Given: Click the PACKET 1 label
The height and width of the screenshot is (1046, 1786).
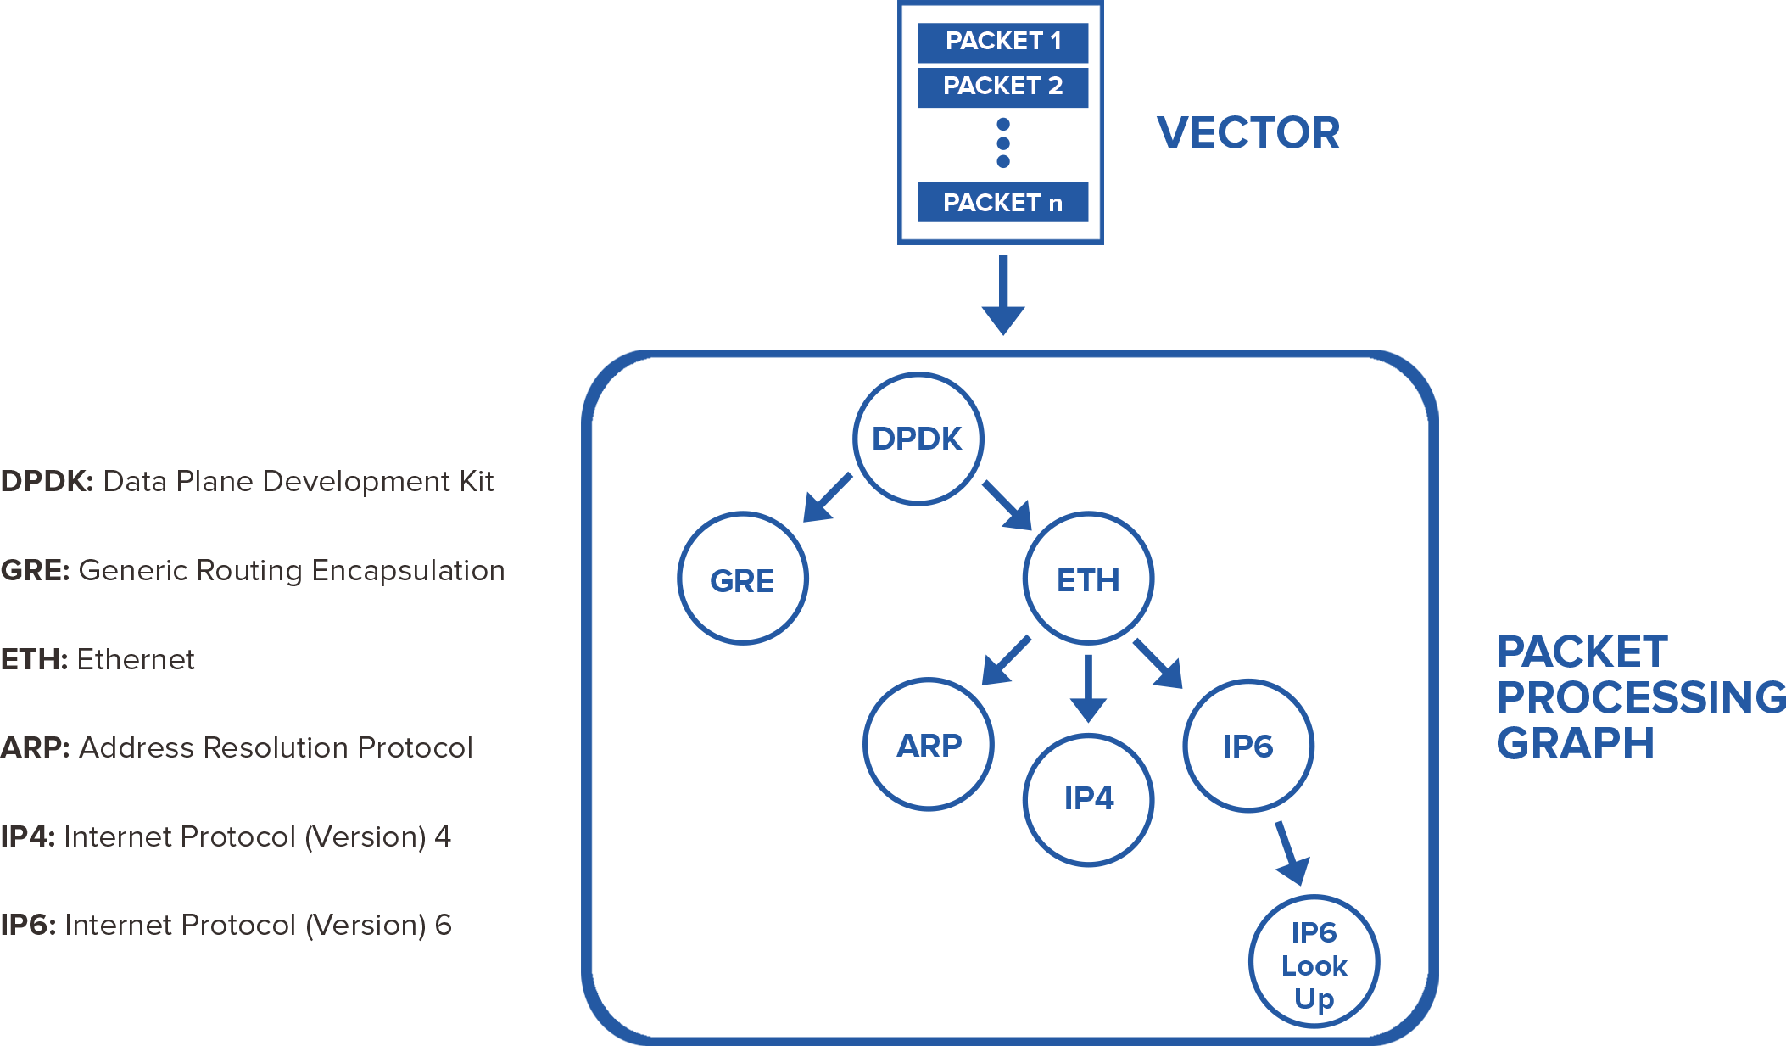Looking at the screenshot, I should (x=1003, y=41).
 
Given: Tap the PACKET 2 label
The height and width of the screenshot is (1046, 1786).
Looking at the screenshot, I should (x=1002, y=86).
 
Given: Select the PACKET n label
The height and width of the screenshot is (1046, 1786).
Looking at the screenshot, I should (x=1002, y=203).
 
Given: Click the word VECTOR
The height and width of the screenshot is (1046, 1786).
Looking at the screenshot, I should (x=1247, y=133).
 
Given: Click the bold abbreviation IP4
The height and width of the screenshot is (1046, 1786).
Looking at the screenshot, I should (x=27, y=837).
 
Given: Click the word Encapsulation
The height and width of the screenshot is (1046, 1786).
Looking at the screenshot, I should (x=408, y=571).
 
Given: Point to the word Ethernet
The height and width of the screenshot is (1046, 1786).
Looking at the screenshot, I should (x=136, y=660).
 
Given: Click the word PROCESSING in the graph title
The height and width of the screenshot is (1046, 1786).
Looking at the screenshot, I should (x=1641, y=698).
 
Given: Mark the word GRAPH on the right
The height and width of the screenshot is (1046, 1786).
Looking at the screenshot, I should (x=1575, y=744).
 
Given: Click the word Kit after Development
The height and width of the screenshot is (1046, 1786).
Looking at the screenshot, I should (x=477, y=482).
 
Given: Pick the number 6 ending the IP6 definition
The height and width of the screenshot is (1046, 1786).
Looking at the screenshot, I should (x=444, y=926).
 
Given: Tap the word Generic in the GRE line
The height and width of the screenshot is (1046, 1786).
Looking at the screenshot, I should (x=132, y=571).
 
